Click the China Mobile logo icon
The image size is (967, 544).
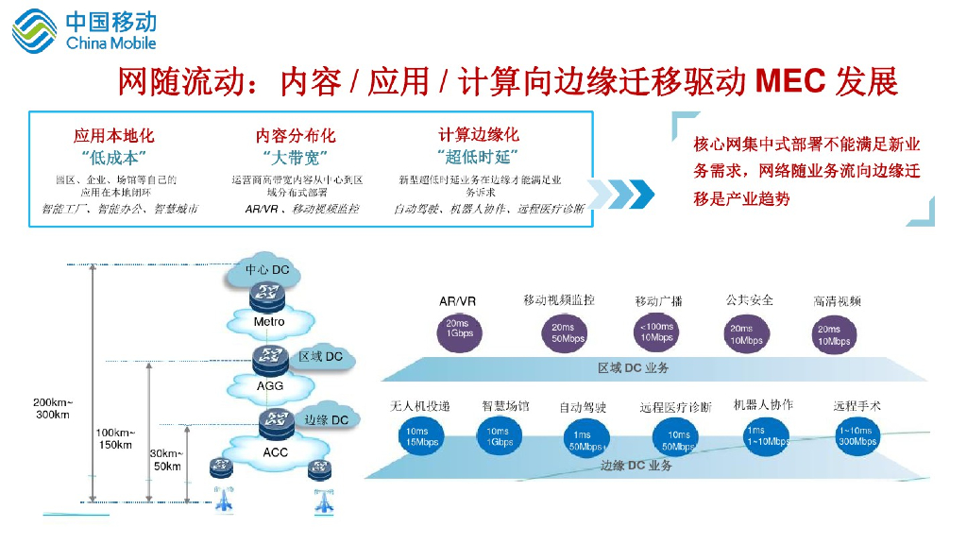tap(34, 29)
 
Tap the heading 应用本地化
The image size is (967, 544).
tap(114, 136)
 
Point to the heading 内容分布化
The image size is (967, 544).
tap(296, 136)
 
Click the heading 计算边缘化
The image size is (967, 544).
tap(478, 135)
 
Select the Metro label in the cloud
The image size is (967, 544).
tap(269, 322)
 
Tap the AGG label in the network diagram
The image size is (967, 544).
tap(270, 385)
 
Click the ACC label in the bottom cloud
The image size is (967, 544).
tap(275, 452)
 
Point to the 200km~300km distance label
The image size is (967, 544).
tap(53, 408)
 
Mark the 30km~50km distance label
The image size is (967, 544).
tap(167, 460)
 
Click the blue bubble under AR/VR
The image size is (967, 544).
tap(460, 330)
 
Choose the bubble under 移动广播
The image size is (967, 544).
tap(656, 331)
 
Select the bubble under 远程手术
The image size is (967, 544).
tap(857, 436)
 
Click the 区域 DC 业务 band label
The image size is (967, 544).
tap(633, 367)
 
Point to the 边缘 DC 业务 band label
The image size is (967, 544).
tap(636, 466)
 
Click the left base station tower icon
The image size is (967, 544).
tap(224, 500)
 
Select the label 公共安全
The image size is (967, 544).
tap(750, 299)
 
